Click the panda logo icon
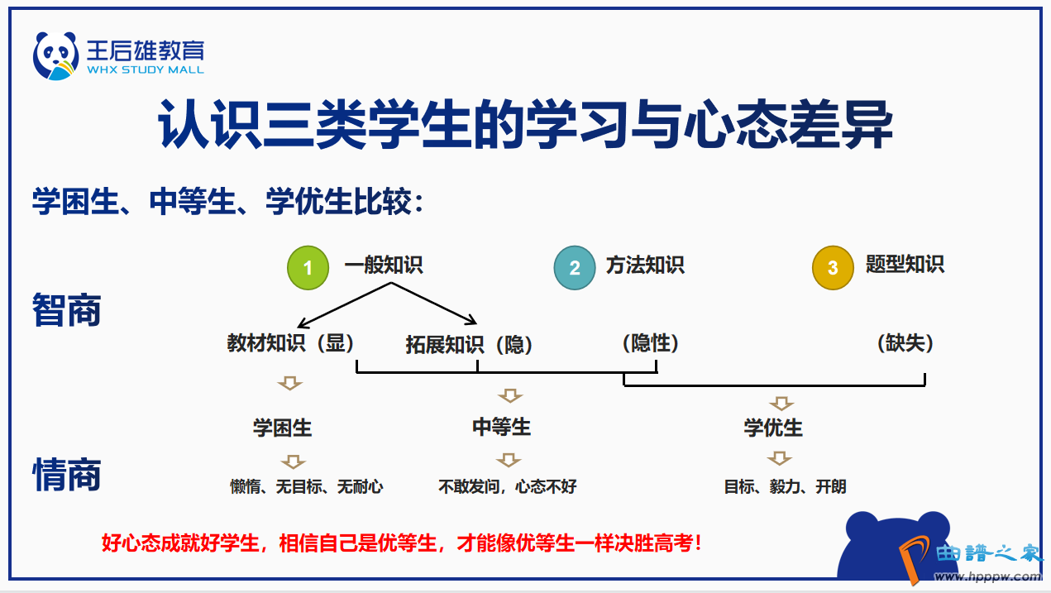click(x=55, y=55)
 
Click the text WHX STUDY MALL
click(x=145, y=70)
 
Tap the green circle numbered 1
click(x=308, y=268)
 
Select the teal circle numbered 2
click(x=575, y=268)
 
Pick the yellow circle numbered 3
click(x=833, y=268)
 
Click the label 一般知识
click(x=384, y=265)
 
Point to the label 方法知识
click(x=645, y=265)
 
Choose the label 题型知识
click(x=905, y=265)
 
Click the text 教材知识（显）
click(x=290, y=343)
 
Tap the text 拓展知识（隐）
click(x=469, y=345)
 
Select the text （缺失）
click(x=905, y=343)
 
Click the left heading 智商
click(x=67, y=310)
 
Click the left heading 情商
click(x=67, y=476)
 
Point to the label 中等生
click(x=501, y=427)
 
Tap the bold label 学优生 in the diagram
click(x=773, y=428)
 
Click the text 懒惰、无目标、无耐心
click(x=307, y=486)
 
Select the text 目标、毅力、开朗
click(x=785, y=486)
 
